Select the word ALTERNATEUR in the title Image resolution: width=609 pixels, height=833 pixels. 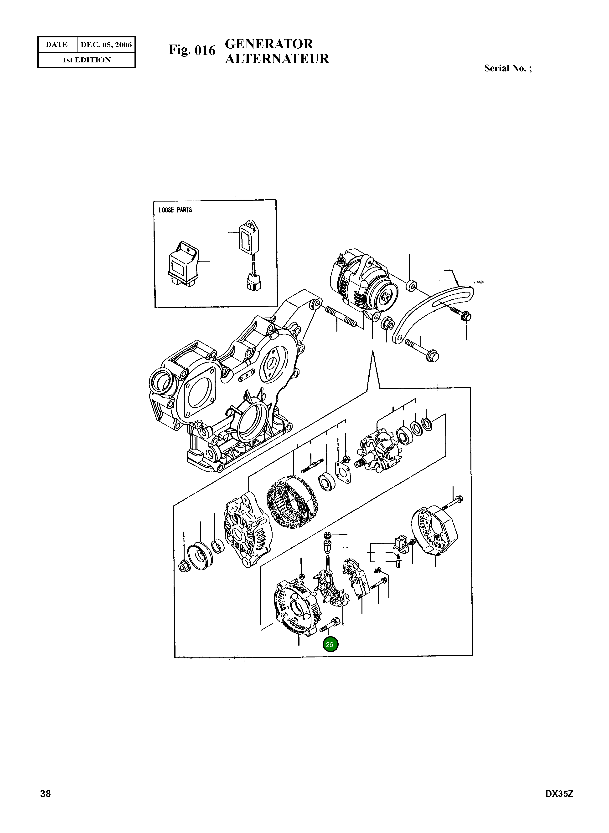pyautogui.click(x=277, y=59)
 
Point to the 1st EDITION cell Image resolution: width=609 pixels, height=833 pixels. pyautogui.click(x=87, y=60)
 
